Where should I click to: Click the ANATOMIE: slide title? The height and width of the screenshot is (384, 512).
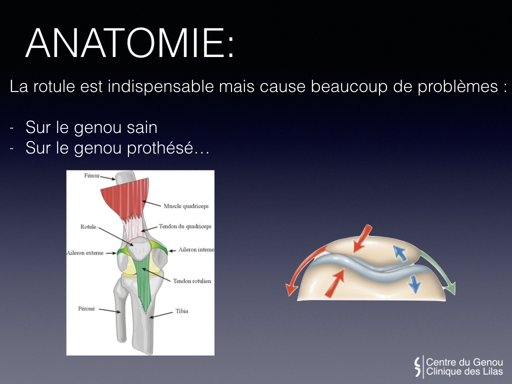coord(129,43)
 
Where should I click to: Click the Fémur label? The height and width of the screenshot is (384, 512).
coord(92,175)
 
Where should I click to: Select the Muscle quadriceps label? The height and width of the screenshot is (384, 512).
coord(186,206)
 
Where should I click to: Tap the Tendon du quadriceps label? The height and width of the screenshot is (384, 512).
coord(185,226)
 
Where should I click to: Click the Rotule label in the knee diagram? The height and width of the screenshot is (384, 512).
coord(88,226)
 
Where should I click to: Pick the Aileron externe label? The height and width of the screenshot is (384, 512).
coord(85,252)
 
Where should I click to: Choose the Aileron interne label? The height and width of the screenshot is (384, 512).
coord(196,250)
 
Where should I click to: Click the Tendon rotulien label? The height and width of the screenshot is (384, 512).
coord(192,281)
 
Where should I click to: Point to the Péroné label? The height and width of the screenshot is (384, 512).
coord(86,308)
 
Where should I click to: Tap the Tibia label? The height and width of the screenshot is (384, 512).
coord(182,311)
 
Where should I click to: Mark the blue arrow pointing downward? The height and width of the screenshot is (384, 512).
coord(414,284)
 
